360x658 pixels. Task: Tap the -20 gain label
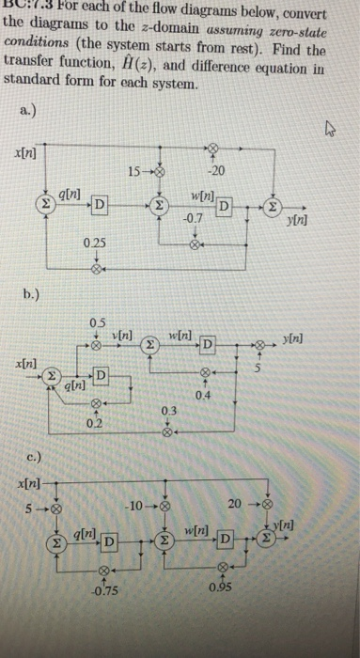(217, 170)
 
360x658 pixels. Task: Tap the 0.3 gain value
(167, 410)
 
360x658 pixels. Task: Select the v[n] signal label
(122, 337)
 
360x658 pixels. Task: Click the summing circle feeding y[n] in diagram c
(267, 542)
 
